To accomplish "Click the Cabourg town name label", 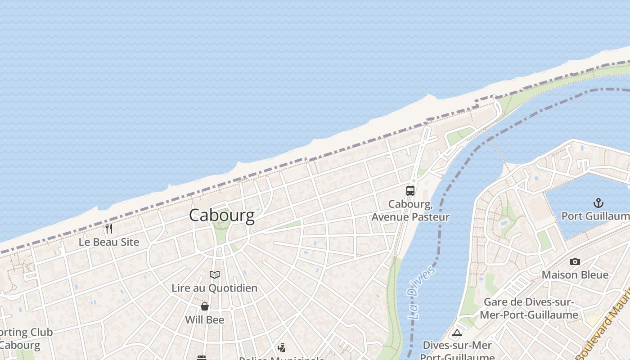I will click(x=221, y=215).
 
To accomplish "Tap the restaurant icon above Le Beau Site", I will click(x=109, y=229).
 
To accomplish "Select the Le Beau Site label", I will click(x=109, y=242).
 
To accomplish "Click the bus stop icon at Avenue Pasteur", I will click(x=410, y=190).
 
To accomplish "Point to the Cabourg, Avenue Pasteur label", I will click(x=410, y=211).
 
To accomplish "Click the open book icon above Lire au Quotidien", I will click(x=215, y=274).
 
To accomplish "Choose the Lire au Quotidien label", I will click(x=215, y=288).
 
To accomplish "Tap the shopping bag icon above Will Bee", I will click(x=205, y=306).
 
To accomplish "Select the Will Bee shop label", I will click(x=205, y=320).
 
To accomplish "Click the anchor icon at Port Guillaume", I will click(x=598, y=203).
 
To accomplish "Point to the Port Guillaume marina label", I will click(x=595, y=216).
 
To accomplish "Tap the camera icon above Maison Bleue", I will click(x=575, y=261).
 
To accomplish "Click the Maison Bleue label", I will click(x=575, y=274).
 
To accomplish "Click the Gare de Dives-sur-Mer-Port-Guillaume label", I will click(x=529, y=308).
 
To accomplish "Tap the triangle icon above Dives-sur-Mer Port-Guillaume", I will click(x=457, y=333).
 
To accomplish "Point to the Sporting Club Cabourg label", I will click(x=25, y=339).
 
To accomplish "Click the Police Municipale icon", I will click(x=281, y=347).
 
